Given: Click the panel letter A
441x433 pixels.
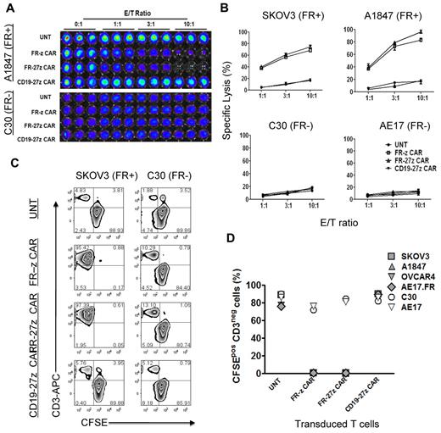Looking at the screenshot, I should point(7,8).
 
